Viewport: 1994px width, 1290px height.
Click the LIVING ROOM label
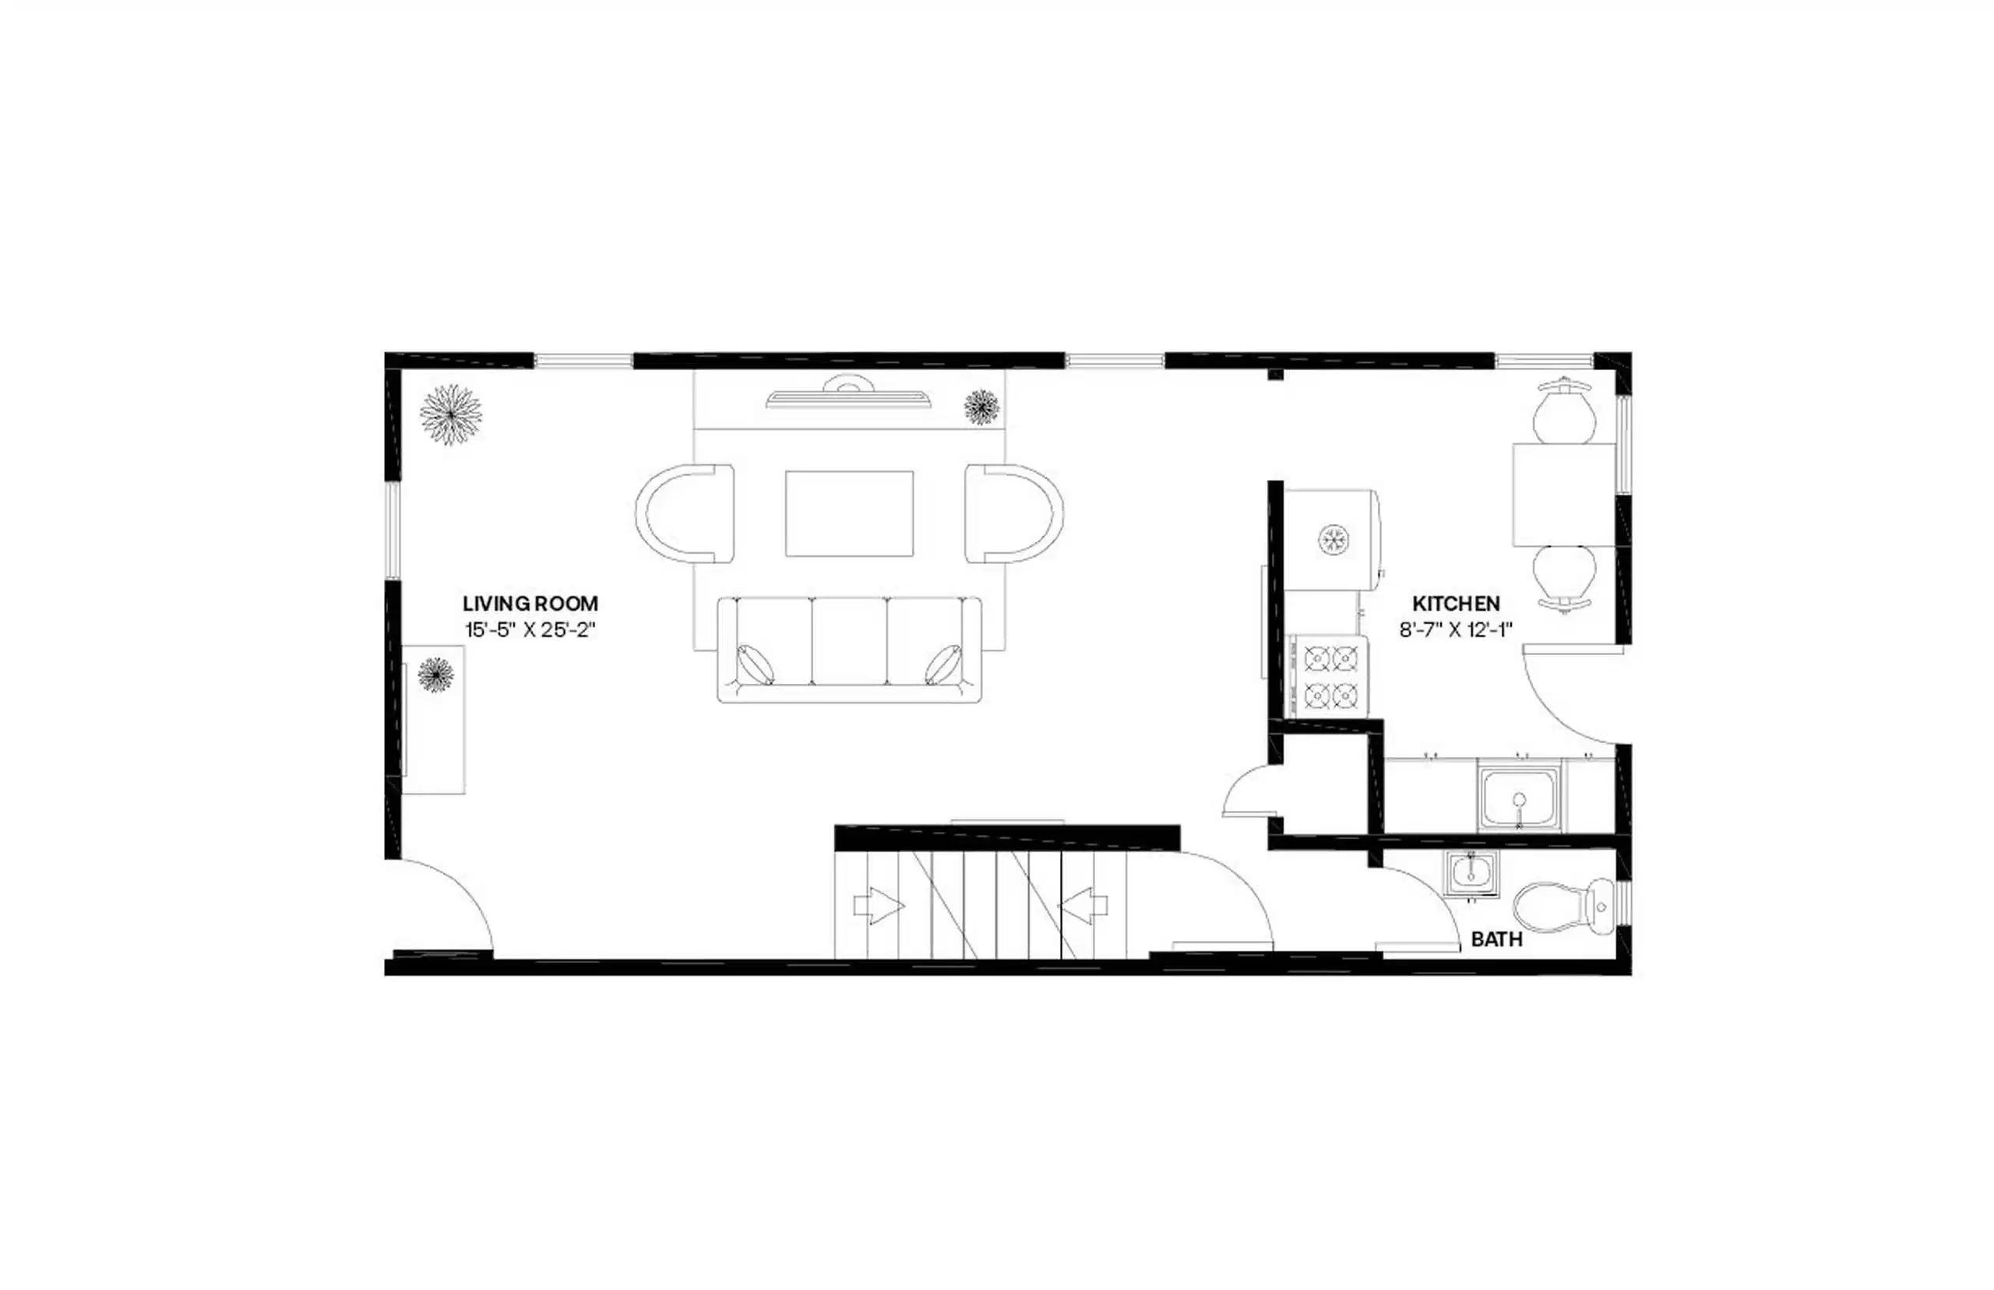click(530, 603)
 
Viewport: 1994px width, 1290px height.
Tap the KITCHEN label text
click(1456, 603)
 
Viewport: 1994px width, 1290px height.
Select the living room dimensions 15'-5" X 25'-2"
click(530, 630)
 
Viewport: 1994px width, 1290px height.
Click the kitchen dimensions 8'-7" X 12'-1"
click(1456, 630)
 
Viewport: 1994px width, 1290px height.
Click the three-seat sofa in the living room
click(849, 649)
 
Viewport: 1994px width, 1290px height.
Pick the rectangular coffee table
click(849, 513)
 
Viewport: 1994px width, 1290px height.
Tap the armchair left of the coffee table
click(685, 513)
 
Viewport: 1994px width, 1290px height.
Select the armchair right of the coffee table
click(1013, 513)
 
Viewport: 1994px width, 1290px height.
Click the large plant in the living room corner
click(450, 414)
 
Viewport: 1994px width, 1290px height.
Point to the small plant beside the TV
click(981, 407)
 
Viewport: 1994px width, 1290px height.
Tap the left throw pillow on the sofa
click(756, 664)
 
